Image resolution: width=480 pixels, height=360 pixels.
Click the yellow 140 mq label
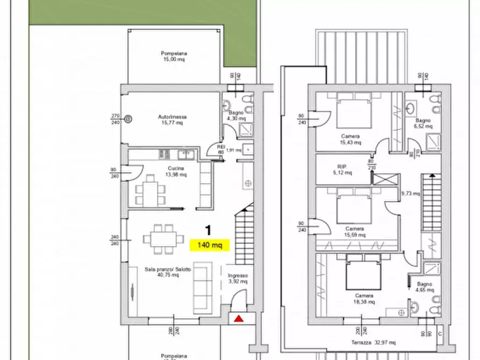coord(210,245)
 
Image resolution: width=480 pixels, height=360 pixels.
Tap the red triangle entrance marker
coord(238,319)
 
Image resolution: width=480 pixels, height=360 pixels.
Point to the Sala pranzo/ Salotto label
coord(167,271)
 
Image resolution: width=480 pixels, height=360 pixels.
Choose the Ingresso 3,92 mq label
coord(237,277)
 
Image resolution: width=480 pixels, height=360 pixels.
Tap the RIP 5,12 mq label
coord(343,169)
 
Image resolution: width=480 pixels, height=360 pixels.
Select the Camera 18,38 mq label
coord(364,299)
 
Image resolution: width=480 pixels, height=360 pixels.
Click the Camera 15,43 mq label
coord(350,139)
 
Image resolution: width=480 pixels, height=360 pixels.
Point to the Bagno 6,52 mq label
coord(424,123)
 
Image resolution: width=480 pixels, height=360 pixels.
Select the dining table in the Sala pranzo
coord(161,239)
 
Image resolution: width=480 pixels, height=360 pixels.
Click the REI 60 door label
coord(220,149)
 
